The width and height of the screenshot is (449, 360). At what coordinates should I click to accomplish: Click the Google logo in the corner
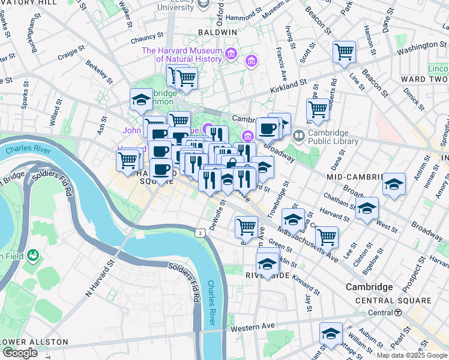(19, 353)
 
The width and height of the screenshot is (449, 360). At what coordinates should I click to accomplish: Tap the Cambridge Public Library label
(333, 137)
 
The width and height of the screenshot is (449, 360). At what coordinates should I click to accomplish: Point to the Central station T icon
(398, 313)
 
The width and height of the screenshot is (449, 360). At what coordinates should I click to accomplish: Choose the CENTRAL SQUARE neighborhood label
(393, 301)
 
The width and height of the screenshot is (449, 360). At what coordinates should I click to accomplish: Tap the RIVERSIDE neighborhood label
(268, 275)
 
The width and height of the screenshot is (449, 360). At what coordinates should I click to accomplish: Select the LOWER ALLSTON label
(34, 342)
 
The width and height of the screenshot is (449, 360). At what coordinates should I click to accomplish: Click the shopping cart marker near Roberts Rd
(318, 110)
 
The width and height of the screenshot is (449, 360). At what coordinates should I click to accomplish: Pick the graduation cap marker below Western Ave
(331, 334)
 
